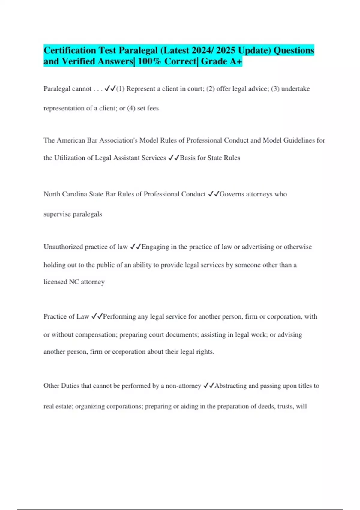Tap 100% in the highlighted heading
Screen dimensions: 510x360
pyautogui.click(x=149, y=61)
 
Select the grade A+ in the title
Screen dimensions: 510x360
pyautogui.click(x=236, y=61)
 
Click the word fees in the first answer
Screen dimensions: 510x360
pyautogui.click(x=153, y=108)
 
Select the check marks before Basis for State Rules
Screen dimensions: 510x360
pyautogui.click(x=174, y=158)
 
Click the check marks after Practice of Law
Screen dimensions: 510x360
pyautogui.click(x=97, y=316)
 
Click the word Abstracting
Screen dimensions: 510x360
pyautogui.click(x=231, y=386)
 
